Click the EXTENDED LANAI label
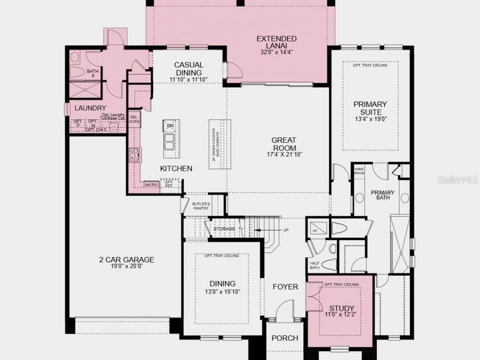coord(277,39)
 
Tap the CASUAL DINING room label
coord(188,69)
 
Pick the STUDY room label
coord(341,308)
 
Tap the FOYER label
coord(285,287)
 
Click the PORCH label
coord(284,339)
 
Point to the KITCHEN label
coord(176,169)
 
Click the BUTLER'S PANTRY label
coord(201,206)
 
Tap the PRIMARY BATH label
coord(382,195)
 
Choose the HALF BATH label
coord(314,265)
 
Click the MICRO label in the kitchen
coord(151,185)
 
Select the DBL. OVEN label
coord(134,119)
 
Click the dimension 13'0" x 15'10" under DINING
coord(222,292)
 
